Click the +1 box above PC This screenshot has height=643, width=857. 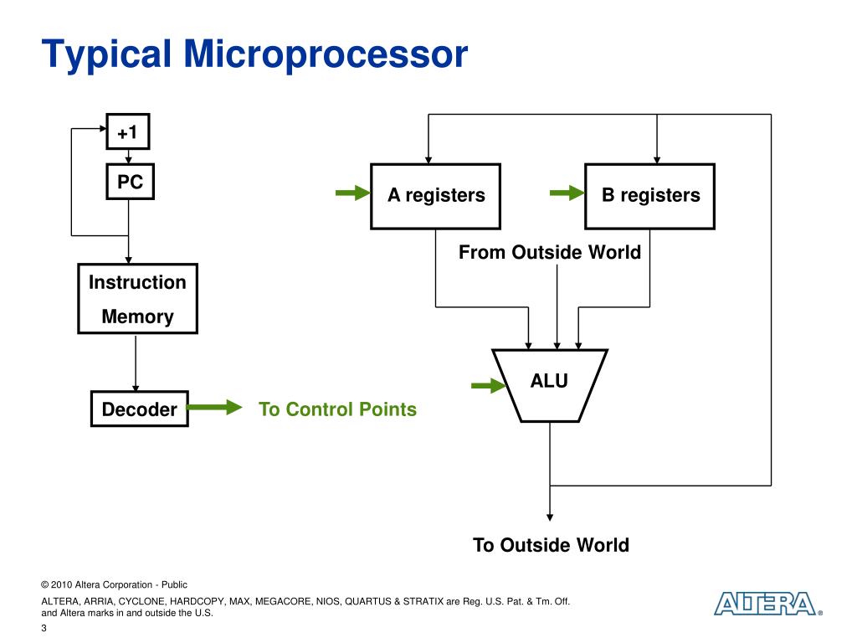pyautogui.click(x=128, y=132)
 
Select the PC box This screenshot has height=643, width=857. pyautogui.click(x=130, y=182)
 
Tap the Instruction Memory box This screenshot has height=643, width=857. pyautogui.click(x=137, y=299)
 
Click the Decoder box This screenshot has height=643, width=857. pyautogui.click(x=139, y=409)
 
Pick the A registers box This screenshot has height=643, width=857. pyautogui.click(x=436, y=196)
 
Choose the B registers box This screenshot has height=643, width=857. pyautogui.click(x=650, y=196)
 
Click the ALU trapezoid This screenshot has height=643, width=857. pyautogui.click(x=549, y=384)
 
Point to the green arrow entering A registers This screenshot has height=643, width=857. pyautogui.click(x=352, y=194)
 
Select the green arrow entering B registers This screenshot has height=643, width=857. pyautogui.click(x=567, y=194)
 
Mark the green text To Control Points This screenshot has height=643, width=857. pyautogui.click(x=337, y=409)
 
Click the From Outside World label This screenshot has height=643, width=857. pyautogui.click(x=550, y=252)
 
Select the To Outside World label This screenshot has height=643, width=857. pyautogui.click(x=551, y=545)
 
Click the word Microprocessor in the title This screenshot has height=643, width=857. pyautogui.click(x=326, y=54)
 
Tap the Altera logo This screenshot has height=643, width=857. pyautogui.click(x=765, y=604)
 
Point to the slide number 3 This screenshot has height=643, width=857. pyautogui.click(x=44, y=630)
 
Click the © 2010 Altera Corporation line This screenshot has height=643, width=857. pyautogui.click(x=114, y=584)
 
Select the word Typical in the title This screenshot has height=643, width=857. pyautogui.click(x=107, y=54)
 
